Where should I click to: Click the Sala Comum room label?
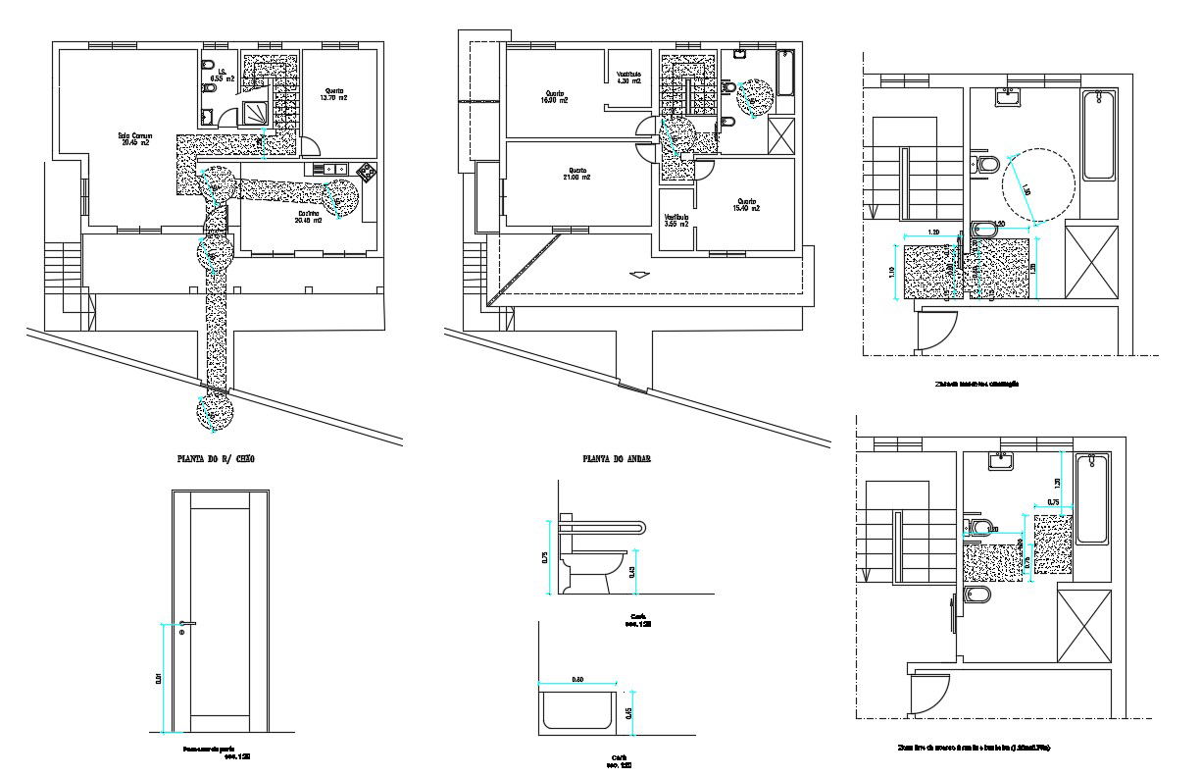(x=133, y=138)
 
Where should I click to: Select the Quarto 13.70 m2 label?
(x=333, y=94)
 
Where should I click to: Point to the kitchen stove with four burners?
(x=368, y=172)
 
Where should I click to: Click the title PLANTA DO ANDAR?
(x=618, y=458)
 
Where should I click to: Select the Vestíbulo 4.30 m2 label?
(x=628, y=78)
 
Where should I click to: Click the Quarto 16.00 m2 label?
(x=555, y=96)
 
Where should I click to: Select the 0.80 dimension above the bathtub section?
(x=577, y=679)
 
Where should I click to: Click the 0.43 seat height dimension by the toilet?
(x=633, y=572)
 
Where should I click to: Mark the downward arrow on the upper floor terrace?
(x=638, y=275)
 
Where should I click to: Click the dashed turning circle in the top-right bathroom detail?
(x=1038, y=183)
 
